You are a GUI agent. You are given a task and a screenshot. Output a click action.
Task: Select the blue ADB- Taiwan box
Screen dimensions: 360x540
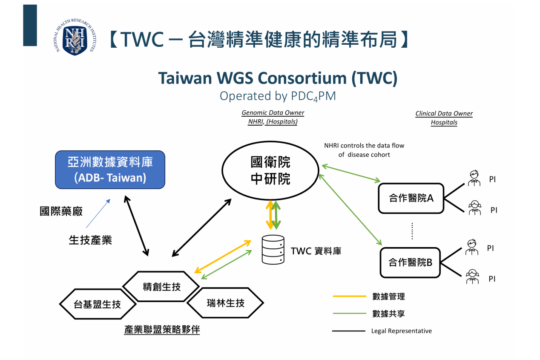click(x=110, y=170)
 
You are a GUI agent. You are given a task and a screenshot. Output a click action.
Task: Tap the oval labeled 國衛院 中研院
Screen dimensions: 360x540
click(x=270, y=171)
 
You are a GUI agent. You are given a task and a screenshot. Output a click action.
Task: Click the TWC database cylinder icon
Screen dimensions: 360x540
click(x=273, y=250)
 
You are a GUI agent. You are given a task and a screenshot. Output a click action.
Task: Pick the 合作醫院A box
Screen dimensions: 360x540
click(x=411, y=198)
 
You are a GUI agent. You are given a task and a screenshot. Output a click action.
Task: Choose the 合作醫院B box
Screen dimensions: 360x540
click(x=410, y=262)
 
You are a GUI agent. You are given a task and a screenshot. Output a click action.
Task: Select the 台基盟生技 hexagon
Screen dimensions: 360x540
click(x=98, y=304)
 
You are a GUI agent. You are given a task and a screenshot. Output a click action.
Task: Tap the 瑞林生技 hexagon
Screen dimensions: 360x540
click(x=225, y=303)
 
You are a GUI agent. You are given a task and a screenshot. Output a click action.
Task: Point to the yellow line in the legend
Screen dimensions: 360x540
click(x=349, y=296)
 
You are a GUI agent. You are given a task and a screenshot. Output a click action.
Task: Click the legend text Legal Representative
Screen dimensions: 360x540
click(x=401, y=331)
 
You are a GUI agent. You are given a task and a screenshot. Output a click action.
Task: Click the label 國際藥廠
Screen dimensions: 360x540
click(x=61, y=212)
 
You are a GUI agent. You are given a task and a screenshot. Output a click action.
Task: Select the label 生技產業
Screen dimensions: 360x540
click(x=90, y=240)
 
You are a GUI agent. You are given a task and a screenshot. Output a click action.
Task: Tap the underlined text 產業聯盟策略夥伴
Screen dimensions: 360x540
click(x=162, y=330)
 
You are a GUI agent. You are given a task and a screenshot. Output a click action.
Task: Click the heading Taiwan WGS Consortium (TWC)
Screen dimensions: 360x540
click(x=278, y=78)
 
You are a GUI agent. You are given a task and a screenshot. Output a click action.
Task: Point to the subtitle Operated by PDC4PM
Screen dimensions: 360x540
click(x=278, y=96)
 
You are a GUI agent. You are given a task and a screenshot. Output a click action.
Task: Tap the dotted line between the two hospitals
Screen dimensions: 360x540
click(x=412, y=230)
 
